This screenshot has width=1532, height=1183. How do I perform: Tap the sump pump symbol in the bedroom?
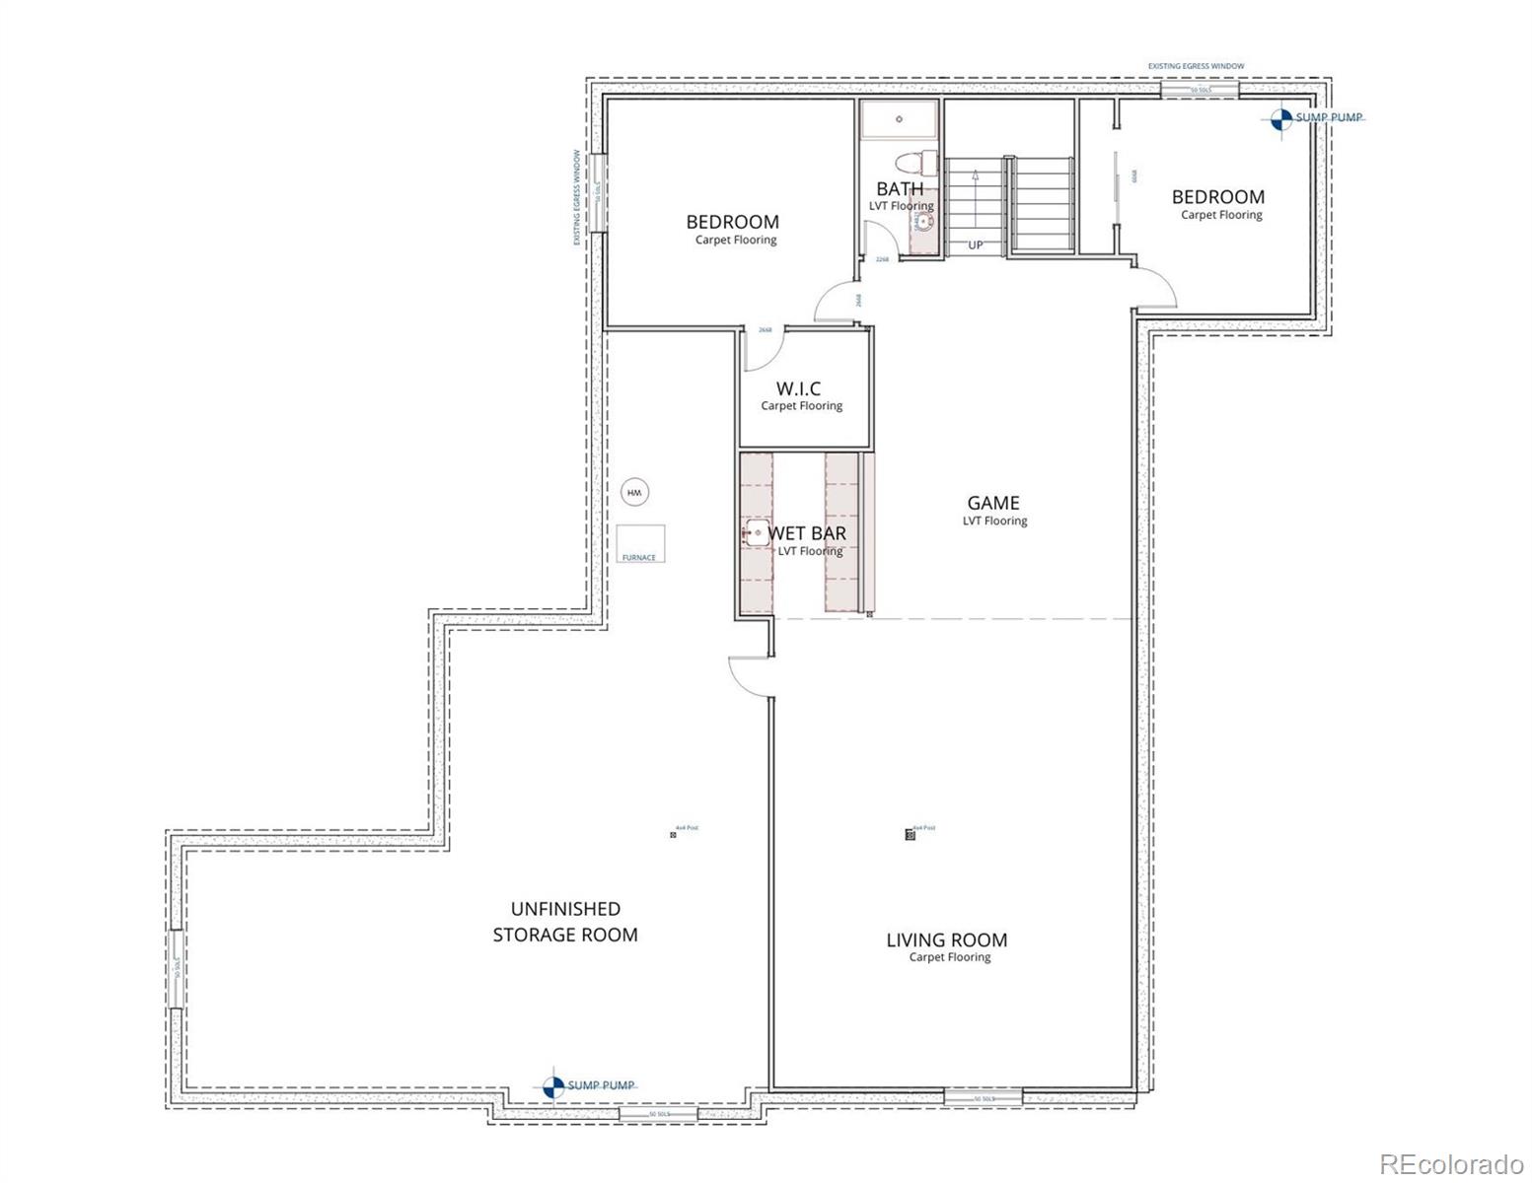1280,118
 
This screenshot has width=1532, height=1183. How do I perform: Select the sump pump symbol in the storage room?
553,1086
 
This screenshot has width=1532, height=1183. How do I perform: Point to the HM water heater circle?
634,492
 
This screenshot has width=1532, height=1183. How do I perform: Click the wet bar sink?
755,534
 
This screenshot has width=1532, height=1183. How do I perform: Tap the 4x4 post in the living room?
910,835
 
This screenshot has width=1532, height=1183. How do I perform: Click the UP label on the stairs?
975,245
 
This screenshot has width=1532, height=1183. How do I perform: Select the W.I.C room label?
798,389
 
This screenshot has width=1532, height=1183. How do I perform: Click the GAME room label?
992,504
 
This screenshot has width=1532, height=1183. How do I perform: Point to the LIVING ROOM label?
946,940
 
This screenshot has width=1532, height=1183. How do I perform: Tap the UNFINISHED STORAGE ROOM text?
565,922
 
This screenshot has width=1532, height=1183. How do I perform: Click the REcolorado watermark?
1450,1163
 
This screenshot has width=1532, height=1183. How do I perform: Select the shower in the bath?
900,119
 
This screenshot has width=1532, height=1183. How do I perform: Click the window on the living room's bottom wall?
983,1096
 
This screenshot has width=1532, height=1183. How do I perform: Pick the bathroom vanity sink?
924,221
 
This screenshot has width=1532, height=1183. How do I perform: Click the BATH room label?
900,188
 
